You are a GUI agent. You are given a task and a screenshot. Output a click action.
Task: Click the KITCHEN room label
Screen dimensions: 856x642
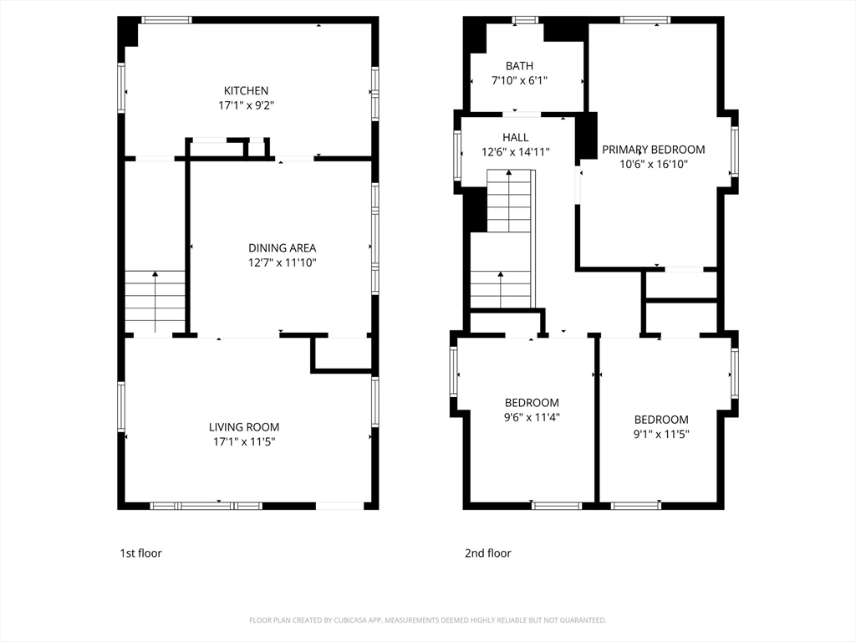[246, 90]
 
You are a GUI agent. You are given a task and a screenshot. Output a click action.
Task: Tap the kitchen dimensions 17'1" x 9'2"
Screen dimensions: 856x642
[247, 105]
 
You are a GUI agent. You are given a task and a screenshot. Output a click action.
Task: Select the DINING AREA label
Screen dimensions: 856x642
[283, 247]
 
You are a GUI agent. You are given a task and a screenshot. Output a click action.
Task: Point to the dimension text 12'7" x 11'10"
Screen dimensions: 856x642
[283, 262]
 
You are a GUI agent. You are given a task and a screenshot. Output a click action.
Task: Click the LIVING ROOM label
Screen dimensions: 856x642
[244, 427]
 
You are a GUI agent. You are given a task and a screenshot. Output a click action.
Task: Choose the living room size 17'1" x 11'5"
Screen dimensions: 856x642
[244, 441]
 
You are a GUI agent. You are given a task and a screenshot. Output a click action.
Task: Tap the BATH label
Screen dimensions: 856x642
[519, 66]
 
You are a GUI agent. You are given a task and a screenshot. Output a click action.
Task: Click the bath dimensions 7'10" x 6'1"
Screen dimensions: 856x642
[519, 81]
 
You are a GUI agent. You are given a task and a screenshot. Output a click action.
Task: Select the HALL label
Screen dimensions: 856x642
[515, 138]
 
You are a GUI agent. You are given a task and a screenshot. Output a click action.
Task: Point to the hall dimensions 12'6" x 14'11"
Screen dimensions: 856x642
[515, 152]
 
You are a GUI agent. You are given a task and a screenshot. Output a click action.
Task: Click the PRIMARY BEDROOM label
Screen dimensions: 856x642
[654, 150]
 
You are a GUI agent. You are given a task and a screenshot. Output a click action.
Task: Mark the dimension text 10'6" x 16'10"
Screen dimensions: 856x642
[654, 165]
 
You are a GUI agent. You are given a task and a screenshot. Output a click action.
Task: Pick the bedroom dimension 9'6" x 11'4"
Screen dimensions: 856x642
[532, 418]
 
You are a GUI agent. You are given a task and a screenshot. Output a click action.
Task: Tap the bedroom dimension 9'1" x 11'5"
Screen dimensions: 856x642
[661, 435]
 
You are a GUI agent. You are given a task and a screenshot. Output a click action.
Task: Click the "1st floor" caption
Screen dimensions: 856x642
[140, 553]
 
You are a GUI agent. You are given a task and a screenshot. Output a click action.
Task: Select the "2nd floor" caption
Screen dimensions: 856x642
[488, 553]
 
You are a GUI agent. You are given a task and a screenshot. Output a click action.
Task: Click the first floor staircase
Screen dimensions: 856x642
[155, 302]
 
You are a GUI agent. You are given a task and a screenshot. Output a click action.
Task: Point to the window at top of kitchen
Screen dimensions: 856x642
[166, 20]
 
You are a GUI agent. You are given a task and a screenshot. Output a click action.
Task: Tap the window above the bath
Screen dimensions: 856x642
[525, 20]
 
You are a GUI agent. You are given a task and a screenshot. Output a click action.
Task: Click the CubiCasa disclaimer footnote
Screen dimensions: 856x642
[427, 620]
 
